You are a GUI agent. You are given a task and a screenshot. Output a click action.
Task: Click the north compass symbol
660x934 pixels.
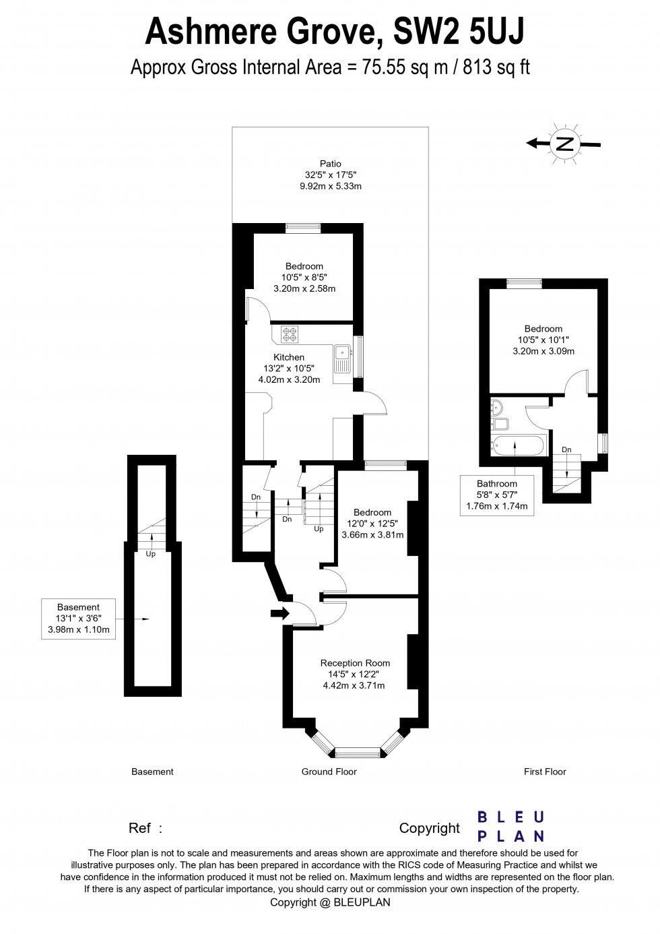point(564,143)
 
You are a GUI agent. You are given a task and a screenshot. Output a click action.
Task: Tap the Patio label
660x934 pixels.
point(330,164)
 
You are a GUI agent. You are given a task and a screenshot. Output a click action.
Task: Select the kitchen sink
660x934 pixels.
point(342,352)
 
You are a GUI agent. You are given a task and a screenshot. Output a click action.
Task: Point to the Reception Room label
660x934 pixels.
point(355,663)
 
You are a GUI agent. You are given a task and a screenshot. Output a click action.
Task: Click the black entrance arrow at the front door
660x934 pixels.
point(279,613)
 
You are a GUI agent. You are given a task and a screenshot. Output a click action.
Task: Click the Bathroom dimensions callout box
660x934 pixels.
point(497,495)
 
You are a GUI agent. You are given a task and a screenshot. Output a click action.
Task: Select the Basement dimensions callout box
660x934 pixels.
point(78,619)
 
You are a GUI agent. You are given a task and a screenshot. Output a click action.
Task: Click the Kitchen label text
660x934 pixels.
point(288,357)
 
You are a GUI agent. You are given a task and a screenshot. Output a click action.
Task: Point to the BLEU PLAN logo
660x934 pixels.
point(510,826)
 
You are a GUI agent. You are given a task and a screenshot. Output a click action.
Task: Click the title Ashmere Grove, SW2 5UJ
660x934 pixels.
point(329,32)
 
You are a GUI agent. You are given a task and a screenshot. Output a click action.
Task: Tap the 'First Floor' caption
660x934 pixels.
point(545,772)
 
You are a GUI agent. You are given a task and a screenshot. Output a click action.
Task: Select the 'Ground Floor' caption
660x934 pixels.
point(329,772)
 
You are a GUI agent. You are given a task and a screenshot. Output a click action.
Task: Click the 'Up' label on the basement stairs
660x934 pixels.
point(151,554)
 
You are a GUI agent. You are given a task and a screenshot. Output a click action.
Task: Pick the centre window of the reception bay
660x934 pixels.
point(358,751)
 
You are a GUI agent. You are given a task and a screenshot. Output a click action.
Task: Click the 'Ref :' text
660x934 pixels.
point(145,828)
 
